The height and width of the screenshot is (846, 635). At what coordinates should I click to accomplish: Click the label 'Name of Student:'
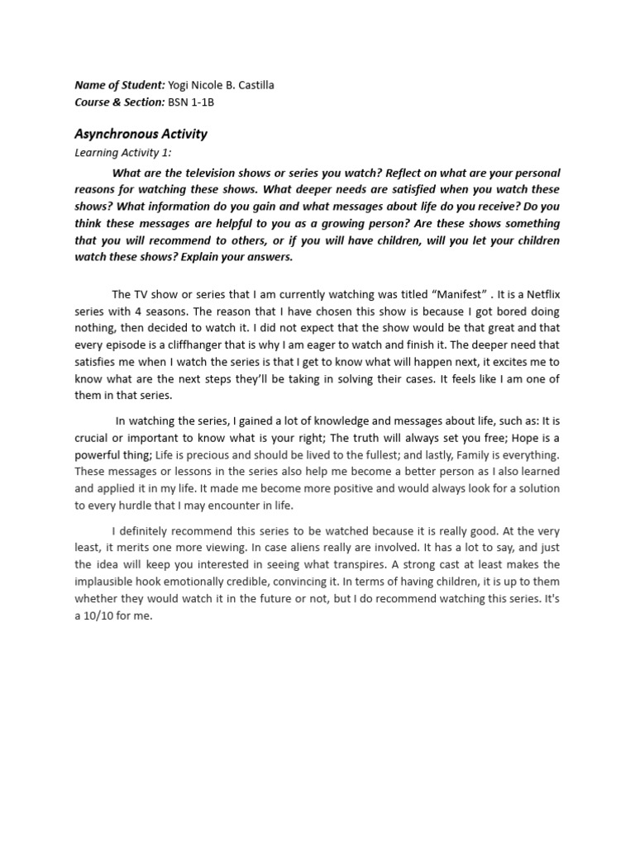coord(119,85)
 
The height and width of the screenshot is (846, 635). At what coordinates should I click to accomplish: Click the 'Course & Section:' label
coord(120,102)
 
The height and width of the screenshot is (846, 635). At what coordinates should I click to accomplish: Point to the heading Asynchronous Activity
coord(141,133)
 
